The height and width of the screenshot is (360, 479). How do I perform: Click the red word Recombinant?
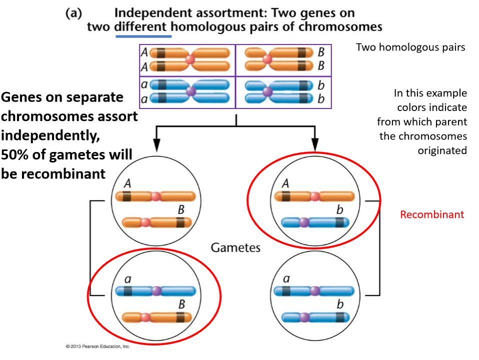click(432, 214)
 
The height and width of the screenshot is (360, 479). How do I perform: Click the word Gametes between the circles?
click(235, 247)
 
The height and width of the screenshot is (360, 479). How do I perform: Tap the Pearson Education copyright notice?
click(98, 346)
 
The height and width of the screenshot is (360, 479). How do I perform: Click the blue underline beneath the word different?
click(143, 36)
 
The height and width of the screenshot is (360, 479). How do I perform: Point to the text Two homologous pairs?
click(410, 47)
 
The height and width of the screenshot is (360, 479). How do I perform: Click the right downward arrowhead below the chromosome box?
click(315, 145)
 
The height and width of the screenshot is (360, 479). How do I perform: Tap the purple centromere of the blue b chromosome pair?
click(267, 92)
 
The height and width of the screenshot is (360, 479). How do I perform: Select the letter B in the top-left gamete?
click(181, 209)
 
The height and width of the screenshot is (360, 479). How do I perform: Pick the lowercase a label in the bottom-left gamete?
click(127, 279)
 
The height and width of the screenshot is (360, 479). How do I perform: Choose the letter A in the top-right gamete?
click(285, 183)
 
